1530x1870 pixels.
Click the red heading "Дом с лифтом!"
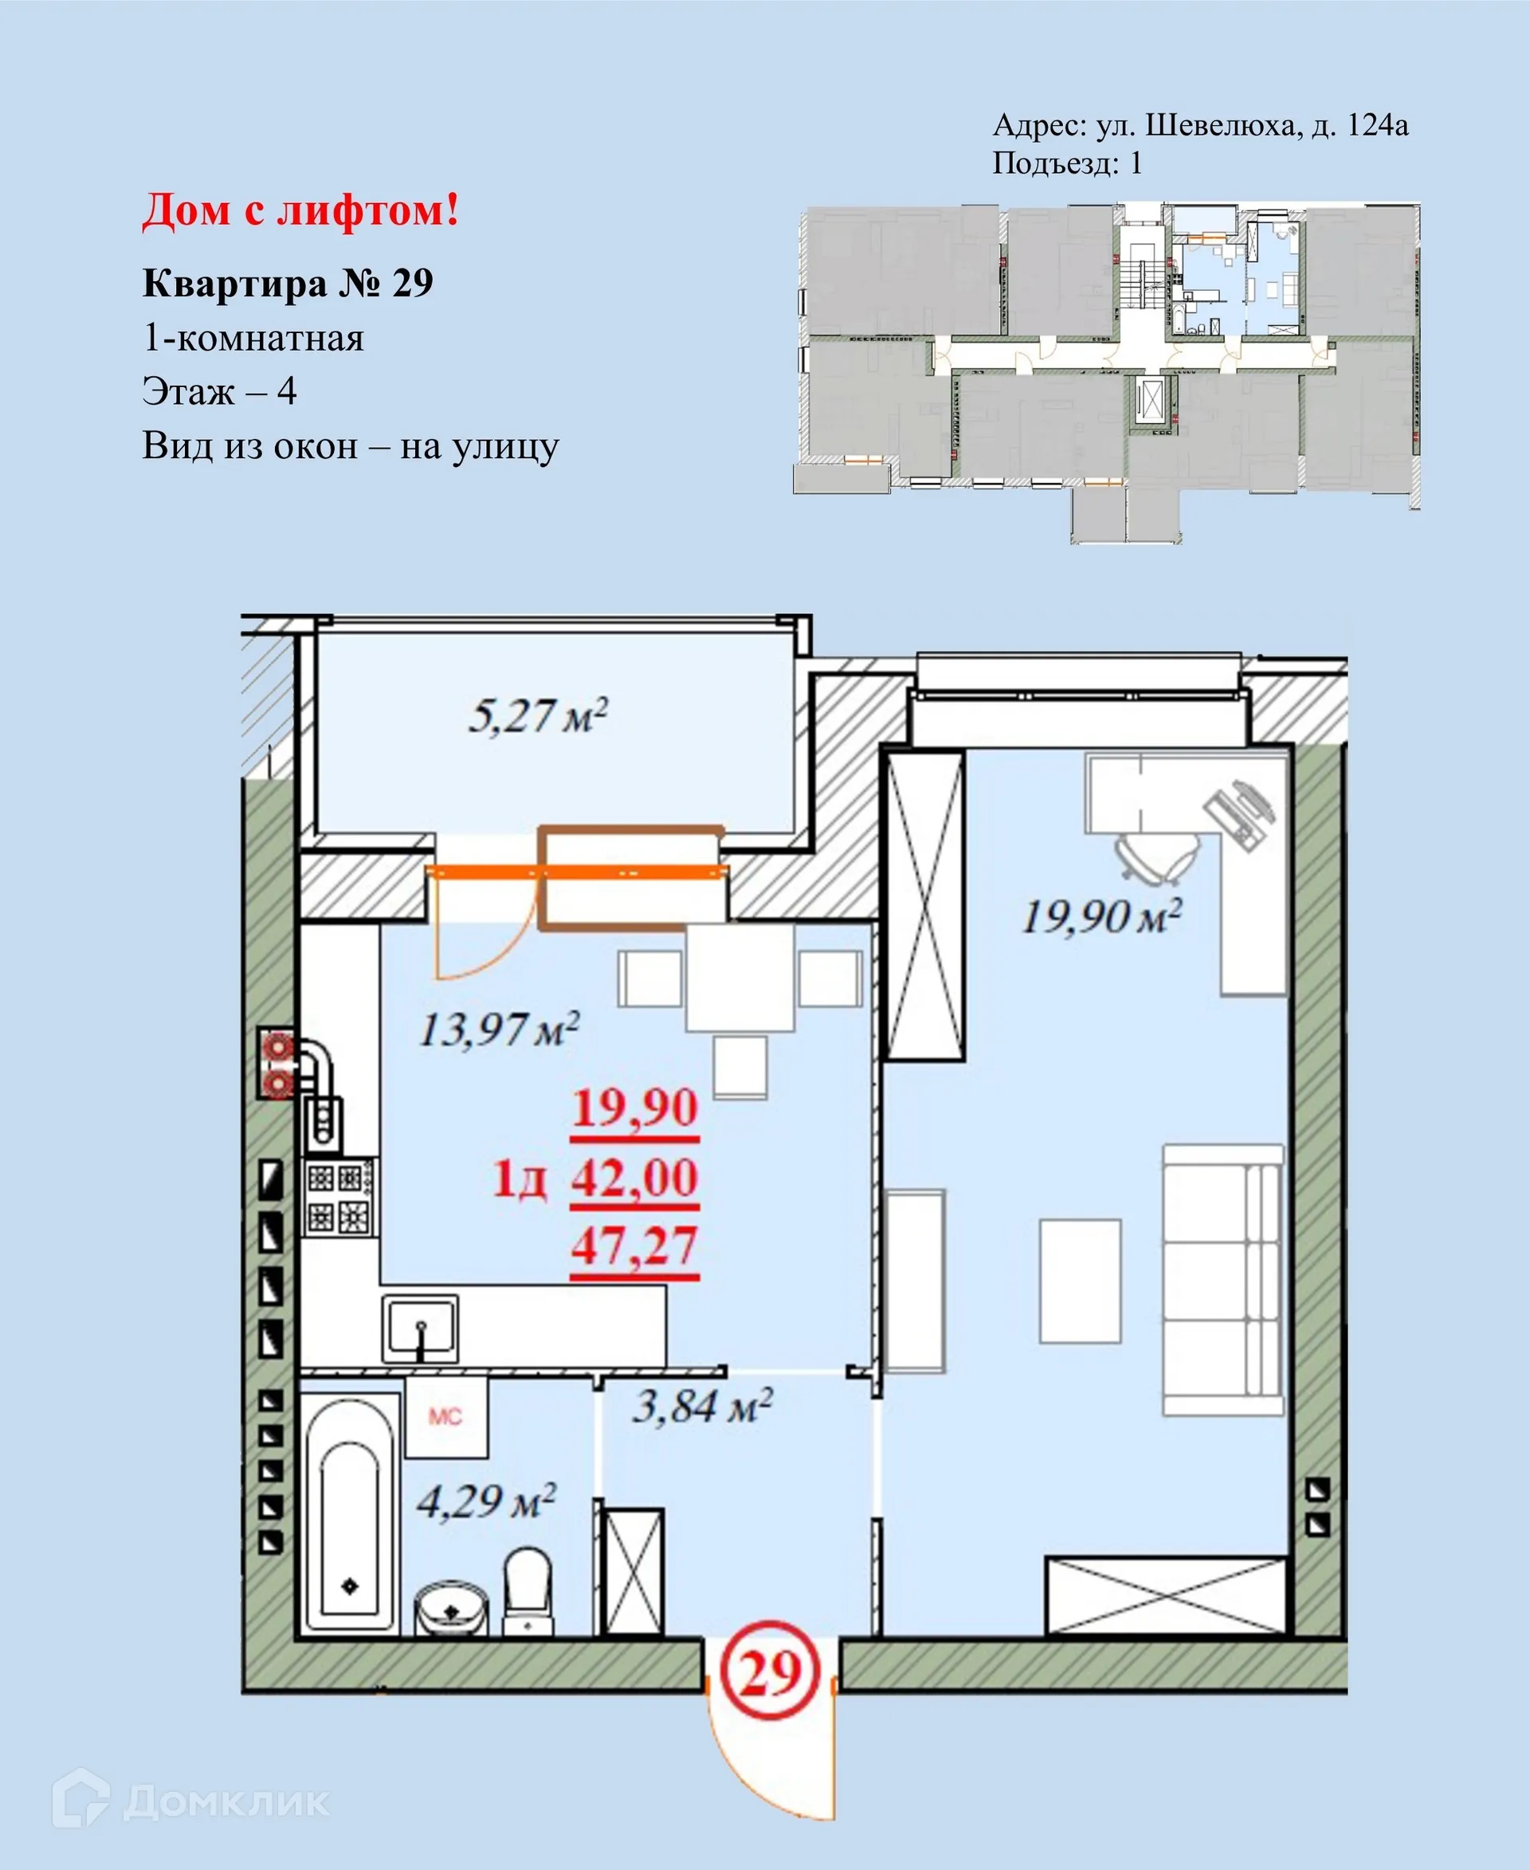(300, 211)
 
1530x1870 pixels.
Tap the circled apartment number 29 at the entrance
(770, 1672)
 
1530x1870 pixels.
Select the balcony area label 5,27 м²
(538, 715)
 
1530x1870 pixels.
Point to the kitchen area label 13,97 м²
(499, 1029)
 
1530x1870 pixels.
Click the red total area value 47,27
(634, 1246)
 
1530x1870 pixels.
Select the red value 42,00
(634, 1178)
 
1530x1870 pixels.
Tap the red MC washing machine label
(445, 1416)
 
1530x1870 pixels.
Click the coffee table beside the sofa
(1080, 1280)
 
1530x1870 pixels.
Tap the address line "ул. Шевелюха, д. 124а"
(1252, 126)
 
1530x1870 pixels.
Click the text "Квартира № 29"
(288, 284)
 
